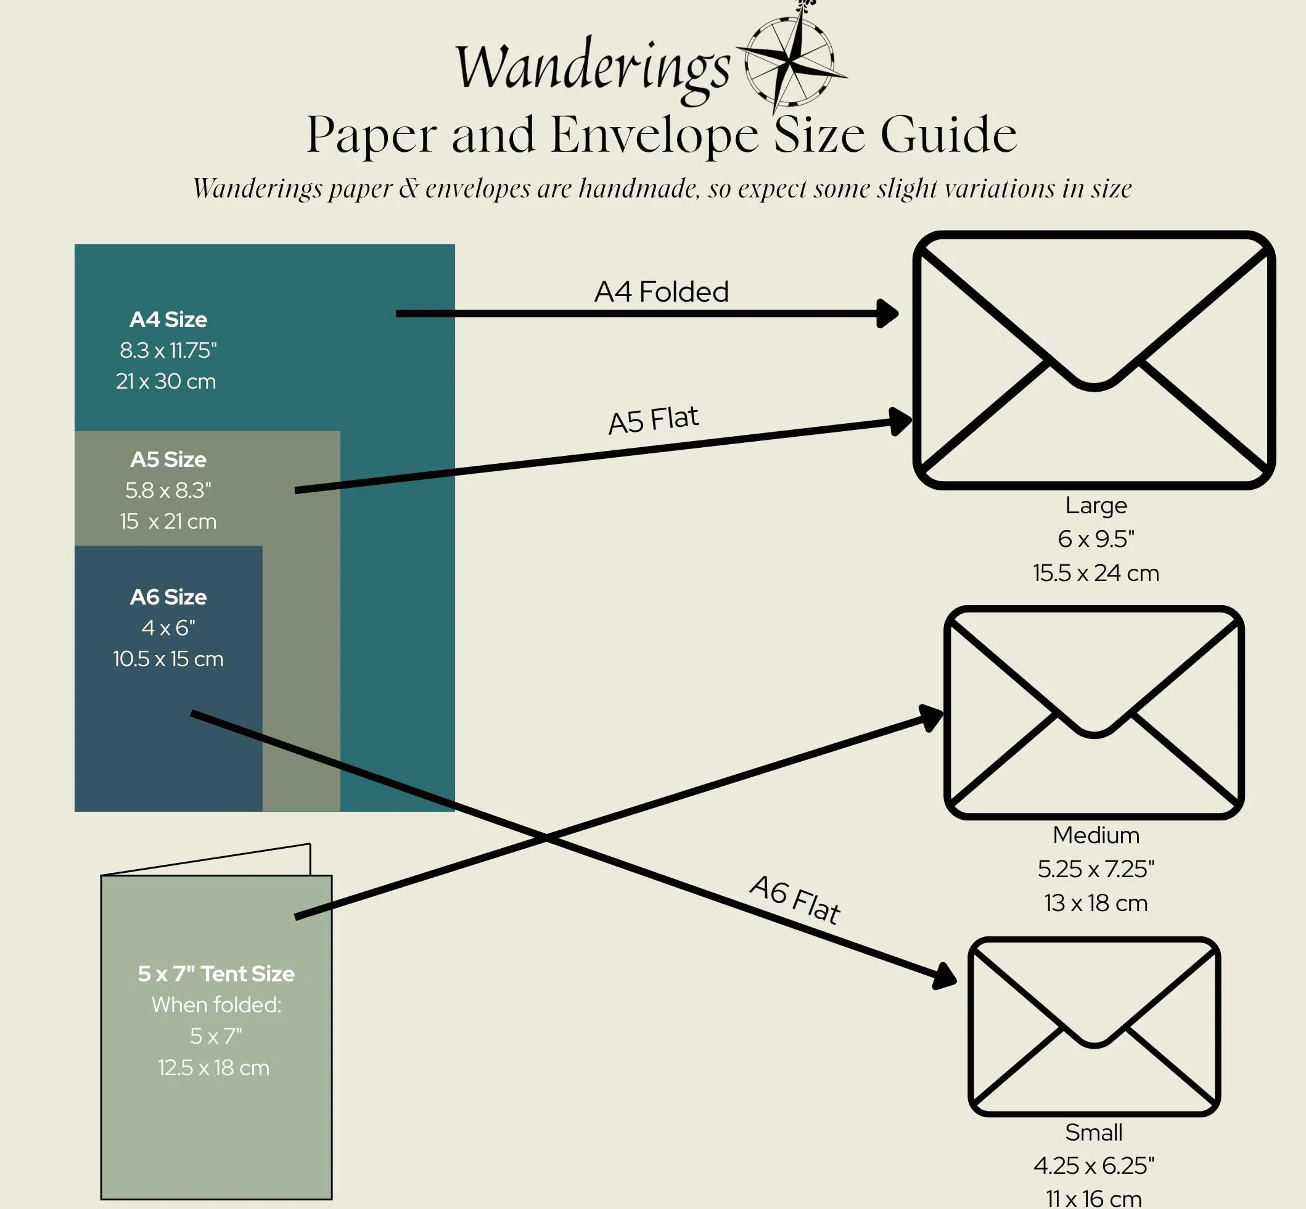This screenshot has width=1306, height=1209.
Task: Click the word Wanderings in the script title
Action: (x=592, y=69)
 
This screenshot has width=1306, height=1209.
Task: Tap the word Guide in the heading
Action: (x=948, y=134)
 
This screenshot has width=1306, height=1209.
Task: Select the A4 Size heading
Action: (x=168, y=320)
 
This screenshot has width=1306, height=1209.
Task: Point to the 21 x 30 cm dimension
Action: (x=166, y=381)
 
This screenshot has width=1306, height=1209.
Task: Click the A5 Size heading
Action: (x=168, y=460)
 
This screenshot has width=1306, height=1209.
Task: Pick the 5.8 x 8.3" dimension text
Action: (x=168, y=490)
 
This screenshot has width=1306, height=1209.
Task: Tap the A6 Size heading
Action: (x=168, y=596)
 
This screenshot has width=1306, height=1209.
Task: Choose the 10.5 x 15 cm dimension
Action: (x=168, y=659)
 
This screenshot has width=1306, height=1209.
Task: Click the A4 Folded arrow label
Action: (x=661, y=292)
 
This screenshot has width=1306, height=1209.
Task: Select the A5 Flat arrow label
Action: (x=654, y=420)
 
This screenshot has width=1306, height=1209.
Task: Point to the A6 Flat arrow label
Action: (x=795, y=899)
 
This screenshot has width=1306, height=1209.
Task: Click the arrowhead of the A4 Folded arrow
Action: (x=887, y=313)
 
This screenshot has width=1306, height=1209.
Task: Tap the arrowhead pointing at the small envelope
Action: (x=945, y=976)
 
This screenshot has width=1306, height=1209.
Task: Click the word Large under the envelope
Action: (x=1096, y=506)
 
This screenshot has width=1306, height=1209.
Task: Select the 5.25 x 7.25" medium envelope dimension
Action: (x=1096, y=869)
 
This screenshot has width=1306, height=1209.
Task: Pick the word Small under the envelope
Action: (x=1093, y=1133)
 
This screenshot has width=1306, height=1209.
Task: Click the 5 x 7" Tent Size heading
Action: (x=216, y=974)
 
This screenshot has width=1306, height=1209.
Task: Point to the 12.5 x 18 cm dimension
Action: (x=214, y=1068)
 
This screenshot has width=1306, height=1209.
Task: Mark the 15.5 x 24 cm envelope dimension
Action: (x=1096, y=573)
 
